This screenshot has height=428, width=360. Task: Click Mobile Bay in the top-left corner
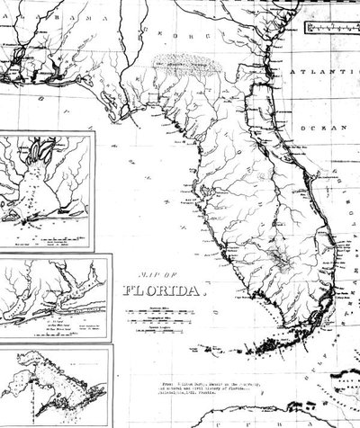click(13, 59)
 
